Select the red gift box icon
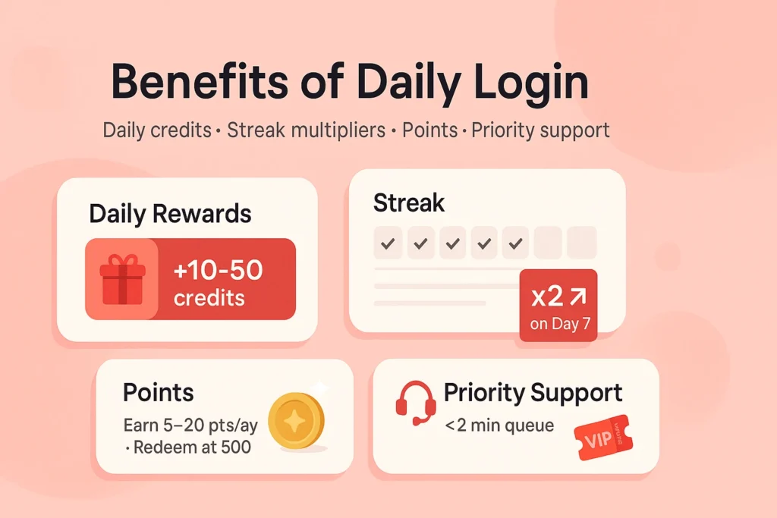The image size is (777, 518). point(121,279)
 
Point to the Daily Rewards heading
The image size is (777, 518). point(170,214)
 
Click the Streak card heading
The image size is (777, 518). point(409,202)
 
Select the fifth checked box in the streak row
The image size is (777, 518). point(516,243)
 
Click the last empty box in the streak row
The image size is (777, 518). point(582,243)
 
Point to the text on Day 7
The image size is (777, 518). point(559,324)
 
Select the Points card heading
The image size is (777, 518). point(159,392)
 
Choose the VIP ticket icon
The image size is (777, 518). point(602,438)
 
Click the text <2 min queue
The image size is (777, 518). point(499,425)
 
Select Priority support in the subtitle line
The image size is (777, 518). point(540,130)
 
